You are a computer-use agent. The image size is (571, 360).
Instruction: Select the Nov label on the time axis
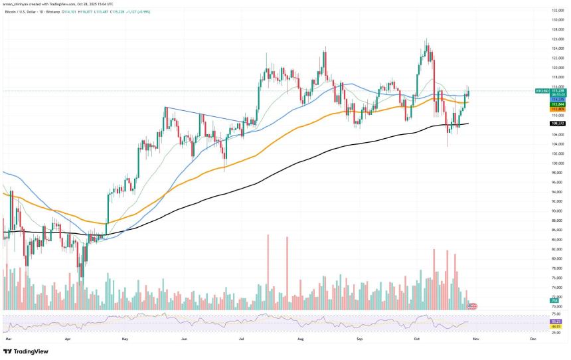click(x=475, y=339)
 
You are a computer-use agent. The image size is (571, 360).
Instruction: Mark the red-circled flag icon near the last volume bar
click(x=473, y=306)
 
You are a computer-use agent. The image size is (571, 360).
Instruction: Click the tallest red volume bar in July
click(x=268, y=272)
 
